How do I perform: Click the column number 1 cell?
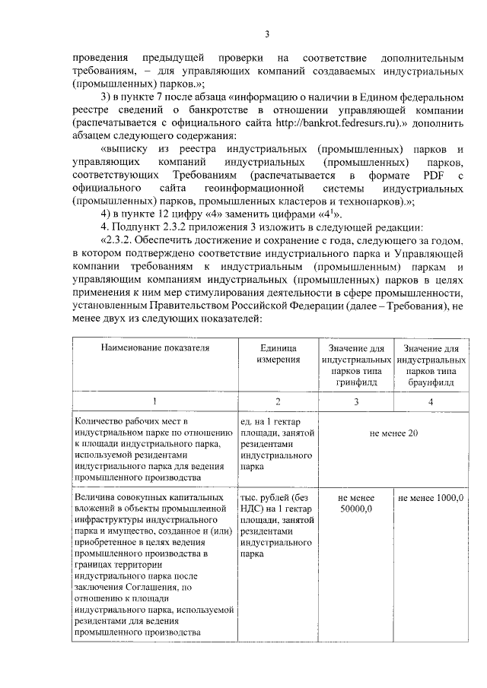[x=154, y=401]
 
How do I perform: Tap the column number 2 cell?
[x=277, y=401]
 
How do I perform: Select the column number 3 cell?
[x=356, y=401]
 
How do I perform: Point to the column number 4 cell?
[x=431, y=401]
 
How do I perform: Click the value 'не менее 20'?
[x=393, y=433]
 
